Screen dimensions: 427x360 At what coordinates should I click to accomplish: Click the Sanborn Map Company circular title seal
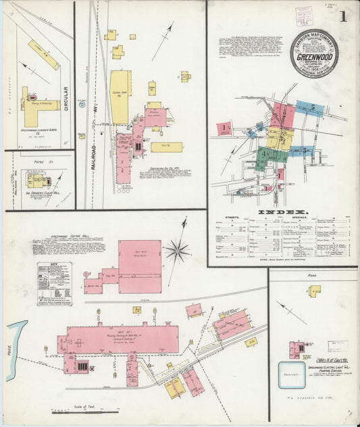click(x=314, y=54)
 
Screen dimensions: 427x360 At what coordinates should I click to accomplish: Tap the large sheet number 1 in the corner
click(x=344, y=17)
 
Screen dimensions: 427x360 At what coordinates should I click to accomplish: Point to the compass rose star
click(x=177, y=251)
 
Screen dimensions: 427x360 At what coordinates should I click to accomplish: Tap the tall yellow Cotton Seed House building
click(x=120, y=97)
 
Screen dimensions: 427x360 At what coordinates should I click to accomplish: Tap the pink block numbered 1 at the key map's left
click(x=224, y=127)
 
